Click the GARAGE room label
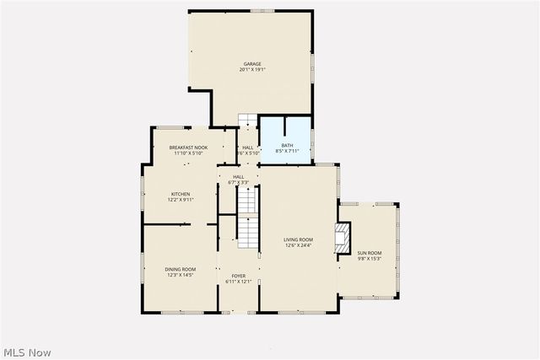(252, 64)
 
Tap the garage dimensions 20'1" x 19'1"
(252, 70)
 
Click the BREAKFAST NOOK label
(188, 148)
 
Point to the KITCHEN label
(181, 194)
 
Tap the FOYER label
(239, 276)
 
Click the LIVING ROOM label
(298, 240)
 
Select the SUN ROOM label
(369, 253)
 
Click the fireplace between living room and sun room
(343, 237)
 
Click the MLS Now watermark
(27, 351)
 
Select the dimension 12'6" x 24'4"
(298, 246)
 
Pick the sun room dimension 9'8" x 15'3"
(369, 259)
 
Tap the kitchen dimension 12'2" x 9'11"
(181, 200)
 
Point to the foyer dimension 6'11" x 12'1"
(239, 282)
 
